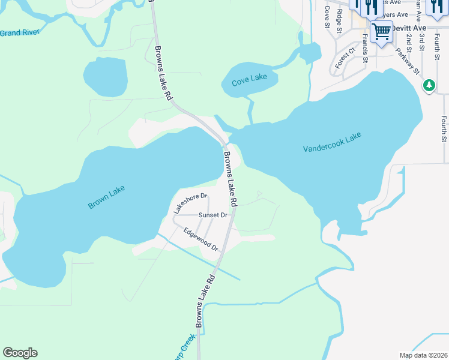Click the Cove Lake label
(250, 77)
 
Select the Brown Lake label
(106, 197)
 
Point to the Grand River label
(19, 32)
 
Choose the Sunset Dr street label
(213, 215)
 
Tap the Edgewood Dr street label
(200, 239)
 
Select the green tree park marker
(429, 86)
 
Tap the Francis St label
(364, 48)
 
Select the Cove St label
(327, 17)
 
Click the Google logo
(20, 353)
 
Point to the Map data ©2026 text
(423, 355)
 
